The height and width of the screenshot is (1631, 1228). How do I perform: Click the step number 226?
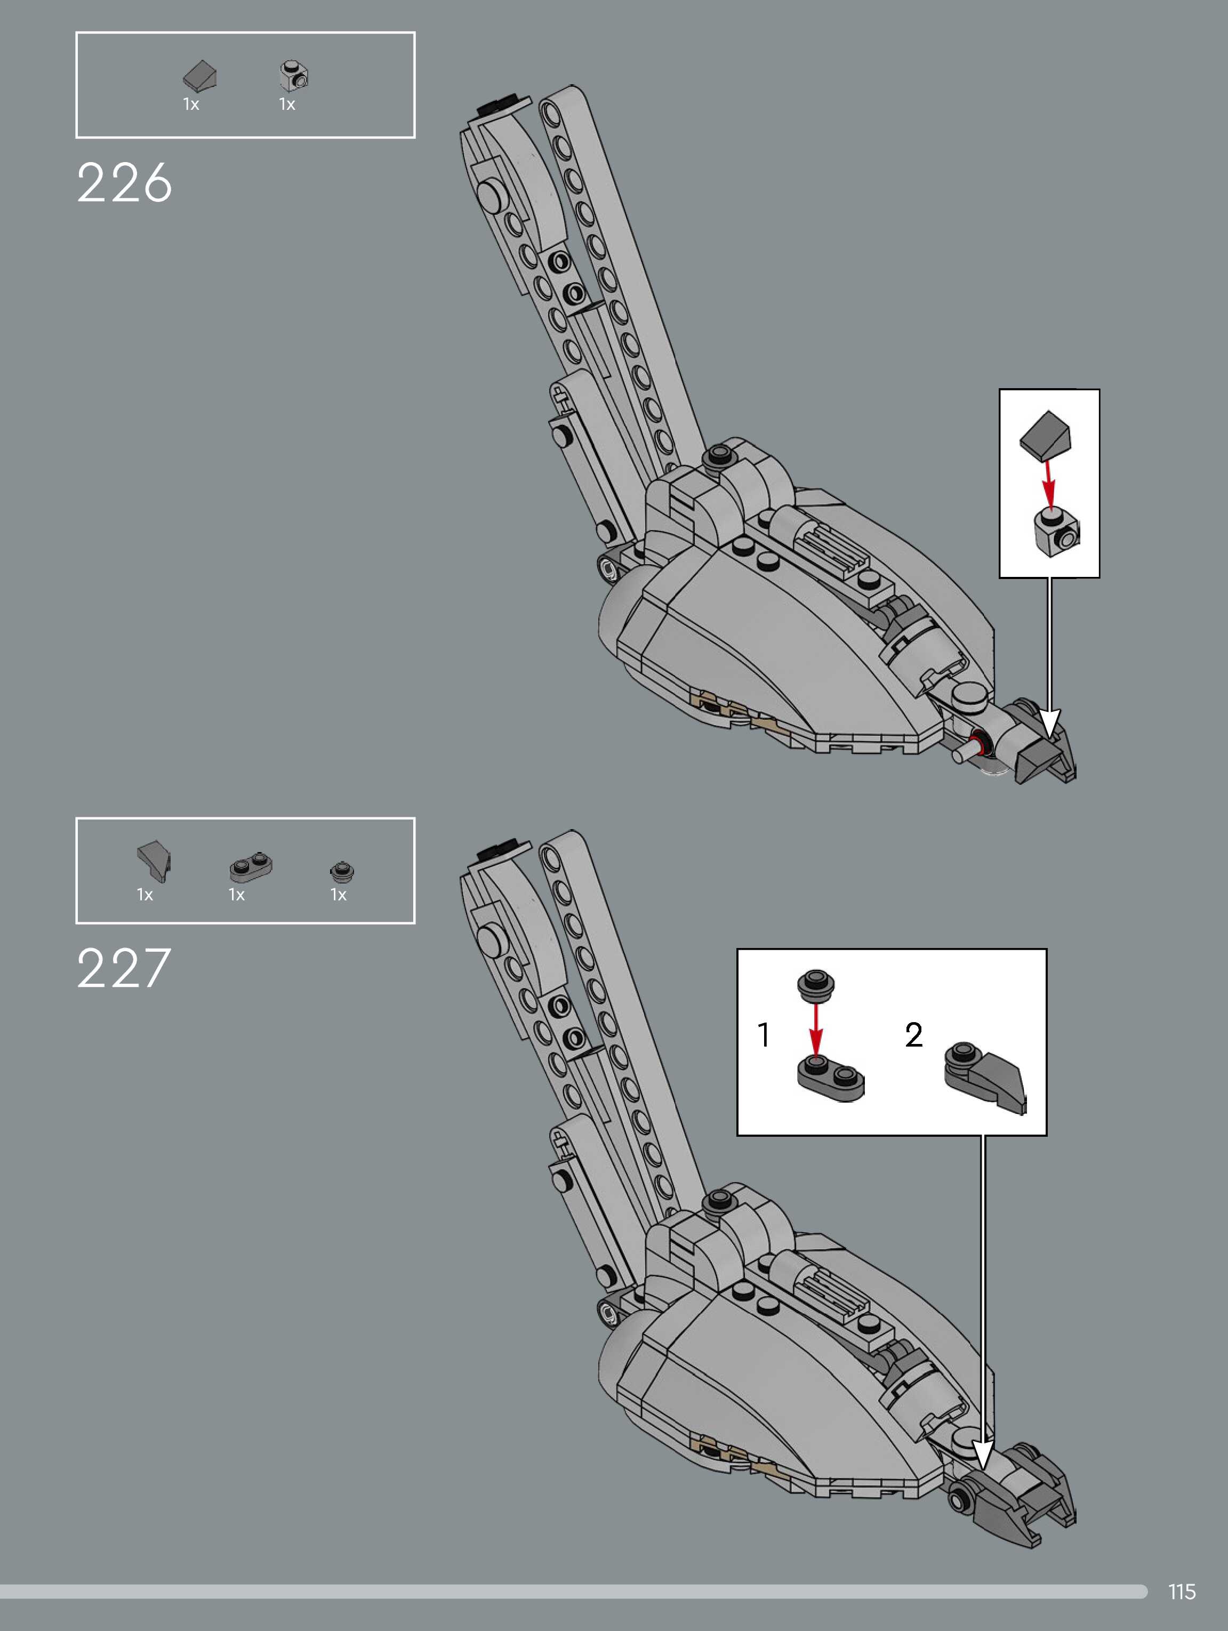[124, 183]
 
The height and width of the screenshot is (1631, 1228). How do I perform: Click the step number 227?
[124, 968]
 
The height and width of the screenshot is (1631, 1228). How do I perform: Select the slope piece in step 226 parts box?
[200, 75]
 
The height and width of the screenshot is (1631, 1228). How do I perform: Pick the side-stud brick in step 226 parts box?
[294, 75]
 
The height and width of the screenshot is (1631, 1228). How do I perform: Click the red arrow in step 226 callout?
[1049, 483]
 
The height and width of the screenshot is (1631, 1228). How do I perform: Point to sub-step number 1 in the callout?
[764, 1034]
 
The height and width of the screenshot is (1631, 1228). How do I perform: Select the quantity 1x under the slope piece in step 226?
[191, 105]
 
